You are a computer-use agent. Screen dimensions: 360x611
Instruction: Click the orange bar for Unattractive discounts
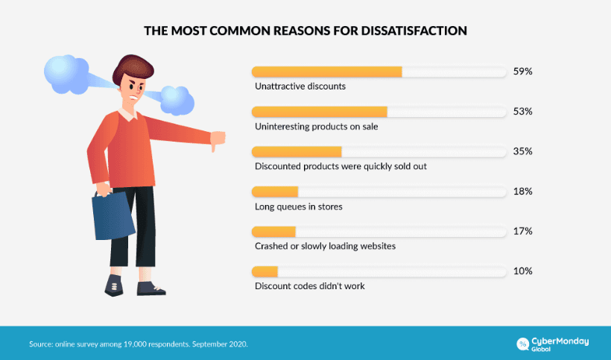click(x=327, y=72)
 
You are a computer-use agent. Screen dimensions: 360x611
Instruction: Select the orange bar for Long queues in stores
click(x=275, y=192)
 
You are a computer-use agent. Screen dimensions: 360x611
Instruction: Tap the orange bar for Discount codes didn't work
click(x=265, y=271)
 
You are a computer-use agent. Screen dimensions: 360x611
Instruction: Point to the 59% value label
click(x=522, y=72)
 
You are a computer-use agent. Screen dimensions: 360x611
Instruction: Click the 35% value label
click(x=522, y=151)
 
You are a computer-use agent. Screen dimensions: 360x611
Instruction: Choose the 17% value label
click(x=522, y=231)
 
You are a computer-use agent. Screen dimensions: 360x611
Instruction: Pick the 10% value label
click(x=522, y=271)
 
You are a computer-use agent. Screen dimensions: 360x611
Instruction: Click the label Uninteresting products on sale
click(x=316, y=127)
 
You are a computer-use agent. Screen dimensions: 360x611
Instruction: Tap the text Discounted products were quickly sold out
click(x=341, y=166)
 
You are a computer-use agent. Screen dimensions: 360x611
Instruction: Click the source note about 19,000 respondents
click(x=138, y=344)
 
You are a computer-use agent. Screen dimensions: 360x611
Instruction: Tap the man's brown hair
click(x=130, y=69)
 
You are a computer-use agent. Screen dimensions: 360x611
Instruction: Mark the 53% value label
click(x=522, y=112)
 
